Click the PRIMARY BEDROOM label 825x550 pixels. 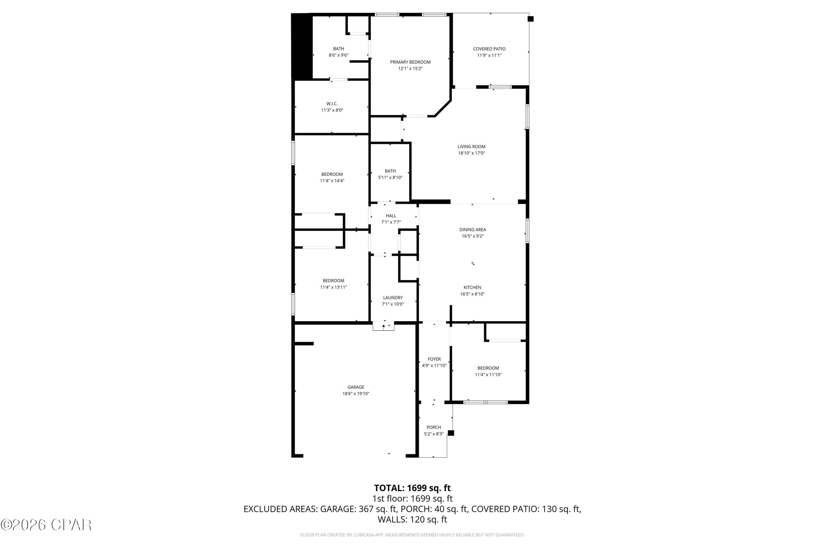click(x=410, y=62)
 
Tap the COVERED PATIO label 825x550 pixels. click(x=489, y=49)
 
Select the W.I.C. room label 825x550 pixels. click(x=332, y=104)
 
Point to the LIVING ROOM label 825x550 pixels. click(x=471, y=147)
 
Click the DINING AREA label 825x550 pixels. click(x=472, y=230)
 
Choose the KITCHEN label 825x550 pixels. click(x=472, y=288)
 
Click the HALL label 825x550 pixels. click(x=391, y=216)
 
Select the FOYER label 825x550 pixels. click(x=434, y=359)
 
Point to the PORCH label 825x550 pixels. click(x=434, y=427)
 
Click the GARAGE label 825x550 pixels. click(x=356, y=387)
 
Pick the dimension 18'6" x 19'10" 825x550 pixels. click(x=356, y=394)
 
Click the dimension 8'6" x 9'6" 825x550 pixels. click(x=338, y=55)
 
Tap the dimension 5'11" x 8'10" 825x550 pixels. click(x=390, y=177)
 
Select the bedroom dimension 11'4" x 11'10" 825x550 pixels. click(x=488, y=375)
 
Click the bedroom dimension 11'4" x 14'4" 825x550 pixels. click(x=332, y=181)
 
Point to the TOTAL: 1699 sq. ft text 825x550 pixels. click(x=412, y=488)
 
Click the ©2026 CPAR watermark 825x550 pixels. click(x=46, y=525)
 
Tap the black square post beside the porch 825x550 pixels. click(x=451, y=433)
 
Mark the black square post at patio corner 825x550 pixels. click(x=531, y=19)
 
